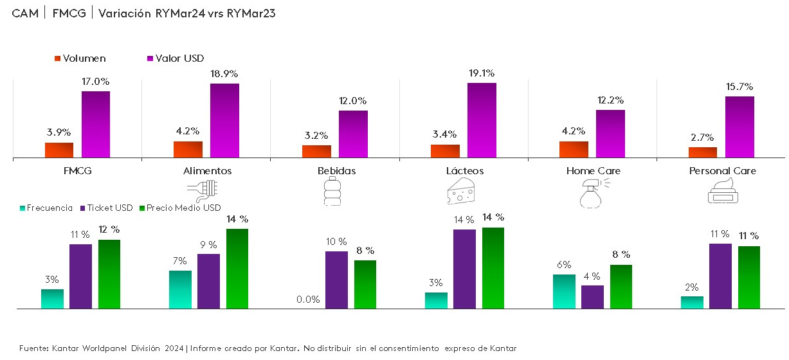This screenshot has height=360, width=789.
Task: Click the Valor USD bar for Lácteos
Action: tap(482, 120)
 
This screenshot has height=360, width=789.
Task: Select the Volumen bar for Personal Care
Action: tap(703, 152)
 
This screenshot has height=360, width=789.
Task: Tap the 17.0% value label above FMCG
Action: tap(96, 82)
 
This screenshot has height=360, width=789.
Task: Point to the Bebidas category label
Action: tap(336, 171)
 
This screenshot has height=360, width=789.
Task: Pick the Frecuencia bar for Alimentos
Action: tap(181, 289)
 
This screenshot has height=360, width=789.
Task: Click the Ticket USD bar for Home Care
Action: tap(592, 297)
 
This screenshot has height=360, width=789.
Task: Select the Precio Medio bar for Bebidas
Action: tap(365, 284)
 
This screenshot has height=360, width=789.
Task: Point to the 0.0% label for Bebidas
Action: tap(307, 300)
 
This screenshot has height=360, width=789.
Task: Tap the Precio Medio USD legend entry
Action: tap(184, 208)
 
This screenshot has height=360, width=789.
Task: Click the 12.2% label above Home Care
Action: tap(610, 100)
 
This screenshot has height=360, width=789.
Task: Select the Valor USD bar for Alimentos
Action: tap(224, 120)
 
